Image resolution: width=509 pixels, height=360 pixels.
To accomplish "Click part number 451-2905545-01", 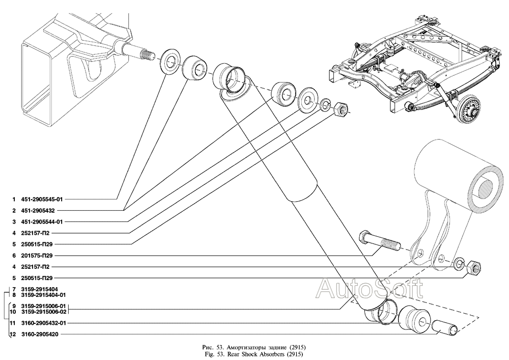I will tap(41, 199).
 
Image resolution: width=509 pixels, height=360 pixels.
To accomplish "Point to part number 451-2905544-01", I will tap(41, 221).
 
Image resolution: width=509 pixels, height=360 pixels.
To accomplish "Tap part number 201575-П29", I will tap(37, 255).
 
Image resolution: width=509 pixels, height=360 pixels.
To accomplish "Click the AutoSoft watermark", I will tap(369, 289).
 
